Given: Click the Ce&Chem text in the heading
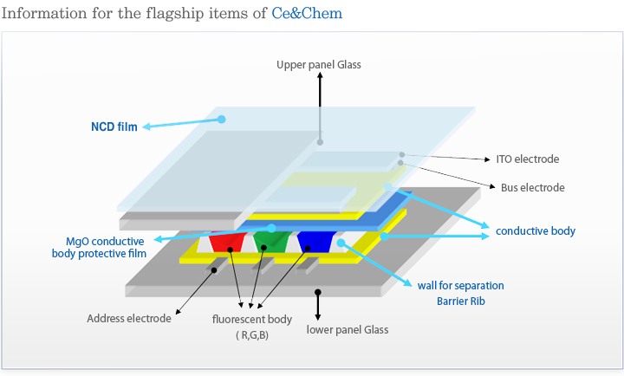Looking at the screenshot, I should point(306,13).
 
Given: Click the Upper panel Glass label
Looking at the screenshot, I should point(318,64).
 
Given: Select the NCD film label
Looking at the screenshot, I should point(114,126).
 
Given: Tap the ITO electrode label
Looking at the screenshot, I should point(527,159).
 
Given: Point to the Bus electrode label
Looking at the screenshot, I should point(532,187).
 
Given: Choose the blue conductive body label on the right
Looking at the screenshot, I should point(536,231).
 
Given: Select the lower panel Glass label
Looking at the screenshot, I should point(348,329).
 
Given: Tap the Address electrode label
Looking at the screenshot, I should point(129,318).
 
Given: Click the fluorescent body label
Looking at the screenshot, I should point(252,319).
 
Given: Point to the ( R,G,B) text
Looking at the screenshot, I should point(252,335).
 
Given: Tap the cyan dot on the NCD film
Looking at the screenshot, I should point(222,119).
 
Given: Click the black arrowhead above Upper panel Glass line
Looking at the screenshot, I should point(320,76).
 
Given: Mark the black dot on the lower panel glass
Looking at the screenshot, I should point(319,293).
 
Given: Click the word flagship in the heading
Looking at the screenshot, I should point(173,13).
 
